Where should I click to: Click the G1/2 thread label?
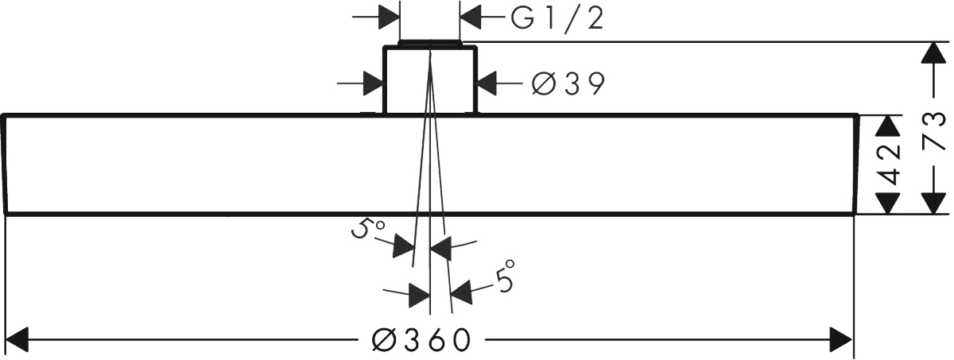point(556,17)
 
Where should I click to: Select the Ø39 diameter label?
point(568,82)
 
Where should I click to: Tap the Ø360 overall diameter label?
point(421,340)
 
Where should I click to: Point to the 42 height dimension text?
point(891,165)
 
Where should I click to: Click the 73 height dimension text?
point(935,131)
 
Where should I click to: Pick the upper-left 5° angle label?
point(367,231)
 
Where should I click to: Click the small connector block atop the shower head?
point(430,79)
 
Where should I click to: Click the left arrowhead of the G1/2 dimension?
point(388,17)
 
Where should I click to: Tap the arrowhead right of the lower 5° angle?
point(462,292)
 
